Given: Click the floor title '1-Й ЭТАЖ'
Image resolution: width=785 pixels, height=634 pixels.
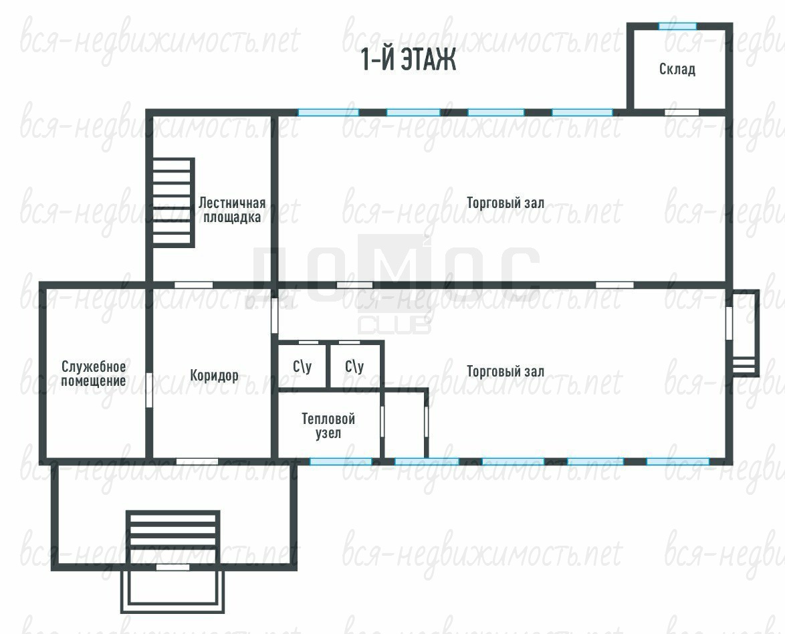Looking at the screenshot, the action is coord(408,60).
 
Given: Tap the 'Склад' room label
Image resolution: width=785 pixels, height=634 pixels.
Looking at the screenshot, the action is coord(677,69).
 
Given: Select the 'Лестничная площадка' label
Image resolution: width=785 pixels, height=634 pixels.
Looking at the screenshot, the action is coord(232,211).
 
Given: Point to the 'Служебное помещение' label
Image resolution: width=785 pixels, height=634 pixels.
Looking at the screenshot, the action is coord(94,374).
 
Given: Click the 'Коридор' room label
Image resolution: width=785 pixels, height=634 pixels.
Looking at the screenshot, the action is coord(214,375).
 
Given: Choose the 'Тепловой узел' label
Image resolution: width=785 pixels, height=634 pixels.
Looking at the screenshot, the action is coord(328,425).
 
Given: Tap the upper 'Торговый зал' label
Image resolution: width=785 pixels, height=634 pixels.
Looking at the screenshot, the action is coord(505,203).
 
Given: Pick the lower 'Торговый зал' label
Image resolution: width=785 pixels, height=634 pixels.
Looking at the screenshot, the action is coord(505,371).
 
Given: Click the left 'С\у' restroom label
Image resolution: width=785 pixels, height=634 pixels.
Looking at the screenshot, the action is coord(302,366).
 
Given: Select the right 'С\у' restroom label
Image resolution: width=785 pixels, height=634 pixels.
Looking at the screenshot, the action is coord(354,366).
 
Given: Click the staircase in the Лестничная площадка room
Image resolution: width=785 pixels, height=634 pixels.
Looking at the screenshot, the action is coord(173,203).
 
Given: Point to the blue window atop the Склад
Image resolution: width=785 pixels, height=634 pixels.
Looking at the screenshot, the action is coord(677,26).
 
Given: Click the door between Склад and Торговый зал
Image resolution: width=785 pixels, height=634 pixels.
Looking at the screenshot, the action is coord(681,112).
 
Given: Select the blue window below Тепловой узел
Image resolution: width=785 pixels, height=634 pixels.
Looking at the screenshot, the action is coord(341,461).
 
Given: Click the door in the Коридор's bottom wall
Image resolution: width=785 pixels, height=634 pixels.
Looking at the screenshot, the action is coord(197,461).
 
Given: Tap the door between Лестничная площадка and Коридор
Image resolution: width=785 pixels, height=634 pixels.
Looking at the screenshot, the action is coord(193,285).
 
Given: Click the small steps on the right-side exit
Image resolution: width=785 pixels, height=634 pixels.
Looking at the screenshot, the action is coord(744,365).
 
